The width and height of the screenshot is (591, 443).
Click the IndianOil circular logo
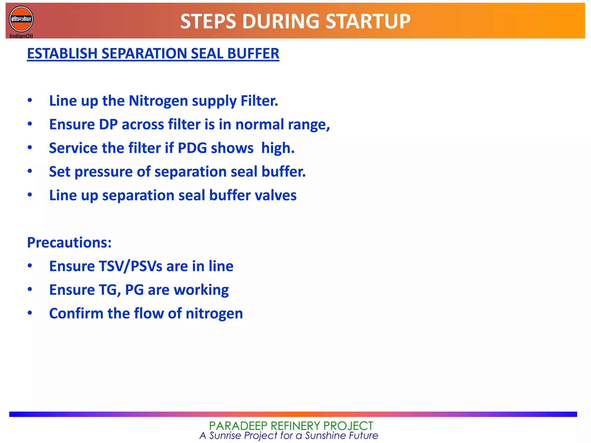[x=21, y=19]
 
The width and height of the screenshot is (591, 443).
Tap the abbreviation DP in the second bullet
[x=108, y=125]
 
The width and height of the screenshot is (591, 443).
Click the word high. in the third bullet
[x=278, y=148]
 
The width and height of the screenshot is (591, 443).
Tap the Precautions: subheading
[x=69, y=243]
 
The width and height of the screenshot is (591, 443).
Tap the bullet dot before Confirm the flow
[x=30, y=313]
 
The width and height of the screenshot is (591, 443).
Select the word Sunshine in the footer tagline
[x=326, y=436]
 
